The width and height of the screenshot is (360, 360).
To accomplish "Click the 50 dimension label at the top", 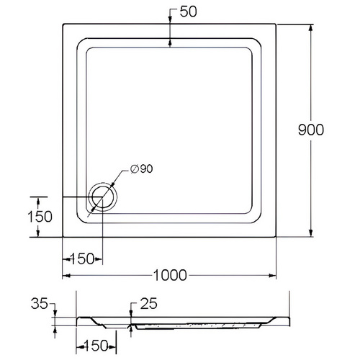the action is [189, 12].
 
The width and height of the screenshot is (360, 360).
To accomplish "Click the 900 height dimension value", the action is [311, 130].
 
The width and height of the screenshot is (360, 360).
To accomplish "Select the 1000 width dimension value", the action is [170, 275].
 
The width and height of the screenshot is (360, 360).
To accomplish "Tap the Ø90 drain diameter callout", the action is [142, 169].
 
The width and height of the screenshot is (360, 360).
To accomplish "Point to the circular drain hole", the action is [103, 197].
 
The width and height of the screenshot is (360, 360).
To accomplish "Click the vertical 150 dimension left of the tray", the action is [40, 217].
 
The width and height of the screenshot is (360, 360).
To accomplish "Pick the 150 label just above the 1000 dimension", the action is [82, 259].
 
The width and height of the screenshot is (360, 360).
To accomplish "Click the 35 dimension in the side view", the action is [40, 304].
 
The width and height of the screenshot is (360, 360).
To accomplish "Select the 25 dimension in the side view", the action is [149, 304].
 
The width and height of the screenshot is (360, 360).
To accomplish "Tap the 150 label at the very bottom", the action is [96, 346].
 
